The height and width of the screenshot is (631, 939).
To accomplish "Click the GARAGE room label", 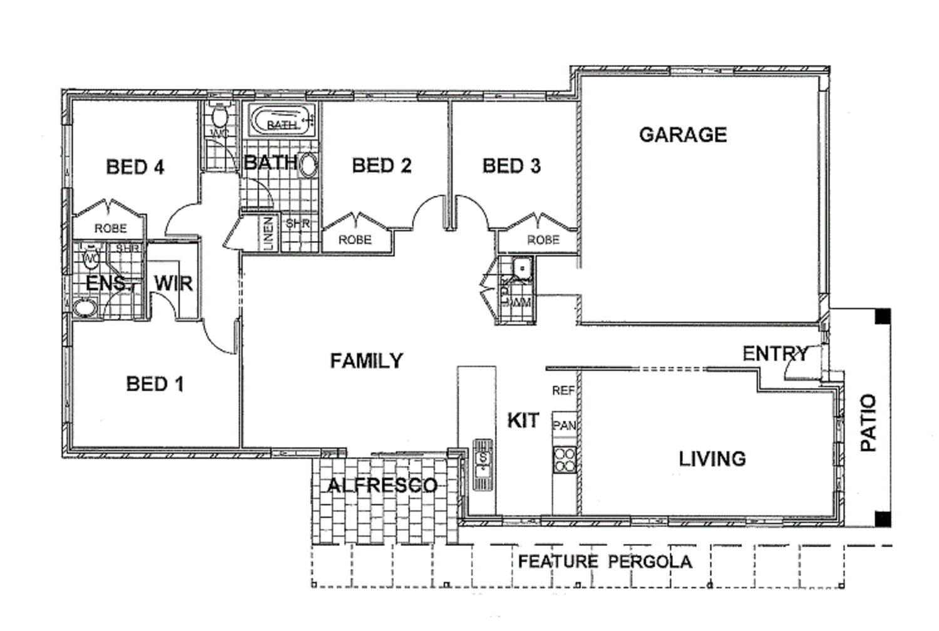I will pos(682,135).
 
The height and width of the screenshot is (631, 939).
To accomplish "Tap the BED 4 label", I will pos(135,167).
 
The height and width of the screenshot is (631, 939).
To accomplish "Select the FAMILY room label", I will pos(366,361).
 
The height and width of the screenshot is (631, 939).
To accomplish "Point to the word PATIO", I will pos(868,423).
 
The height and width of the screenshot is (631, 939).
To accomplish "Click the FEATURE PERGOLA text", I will pos(605,562).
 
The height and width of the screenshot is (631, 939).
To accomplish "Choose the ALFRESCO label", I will pos(382,485).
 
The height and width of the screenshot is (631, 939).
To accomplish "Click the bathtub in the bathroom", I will pos(281,120).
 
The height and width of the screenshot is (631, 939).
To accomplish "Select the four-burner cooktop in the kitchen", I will pos(565,459).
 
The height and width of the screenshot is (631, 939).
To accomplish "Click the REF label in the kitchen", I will pos(563,391).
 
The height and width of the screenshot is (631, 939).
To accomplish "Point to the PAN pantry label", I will pos(564,426).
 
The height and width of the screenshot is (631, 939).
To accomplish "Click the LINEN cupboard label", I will pos(269,233).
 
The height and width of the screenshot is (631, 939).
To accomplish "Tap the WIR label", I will pos(173,284).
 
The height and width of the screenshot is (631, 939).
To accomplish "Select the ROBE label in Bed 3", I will pos(543,240).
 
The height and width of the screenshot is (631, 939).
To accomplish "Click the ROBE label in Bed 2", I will pos(355,240).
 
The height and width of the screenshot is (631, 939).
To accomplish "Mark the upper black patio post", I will pos(882,316).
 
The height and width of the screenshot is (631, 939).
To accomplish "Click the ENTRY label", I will pos(774,354).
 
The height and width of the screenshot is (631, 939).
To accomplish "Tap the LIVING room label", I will pos(712,459).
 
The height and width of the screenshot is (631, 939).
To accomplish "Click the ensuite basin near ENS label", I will pos(84,307).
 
